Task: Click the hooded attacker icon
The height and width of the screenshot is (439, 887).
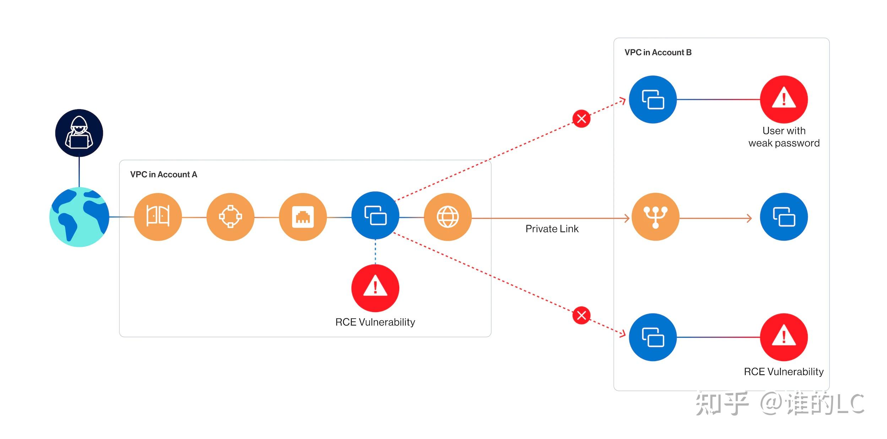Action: tap(79, 133)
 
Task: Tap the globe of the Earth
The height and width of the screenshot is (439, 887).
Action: tap(79, 217)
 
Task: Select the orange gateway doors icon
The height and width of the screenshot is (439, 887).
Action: tap(158, 217)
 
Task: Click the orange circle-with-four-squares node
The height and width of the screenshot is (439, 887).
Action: tap(231, 217)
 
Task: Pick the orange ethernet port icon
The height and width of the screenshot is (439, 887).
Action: tap(303, 217)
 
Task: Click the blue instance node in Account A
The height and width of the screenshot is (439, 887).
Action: tap(375, 216)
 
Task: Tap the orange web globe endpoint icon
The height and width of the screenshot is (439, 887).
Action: tap(448, 217)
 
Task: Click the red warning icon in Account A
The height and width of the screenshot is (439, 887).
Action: tap(375, 288)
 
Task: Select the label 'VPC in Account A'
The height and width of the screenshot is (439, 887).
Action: tap(164, 175)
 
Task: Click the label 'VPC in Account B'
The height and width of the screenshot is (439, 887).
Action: tap(658, 53)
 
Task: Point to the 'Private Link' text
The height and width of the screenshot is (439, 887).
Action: tap(552, 229)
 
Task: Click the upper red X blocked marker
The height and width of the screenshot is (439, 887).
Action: tap(582, 119)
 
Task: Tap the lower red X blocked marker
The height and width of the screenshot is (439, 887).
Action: tap(582, 315)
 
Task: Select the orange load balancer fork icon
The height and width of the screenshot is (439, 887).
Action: tap(656, 217)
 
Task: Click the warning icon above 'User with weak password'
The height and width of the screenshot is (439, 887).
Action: tap(784, 100)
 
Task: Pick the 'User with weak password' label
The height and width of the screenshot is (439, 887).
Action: tap(784, 137)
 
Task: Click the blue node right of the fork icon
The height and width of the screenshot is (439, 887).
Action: tap(784, 217)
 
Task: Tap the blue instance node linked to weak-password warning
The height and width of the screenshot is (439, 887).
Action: tap(653, 100)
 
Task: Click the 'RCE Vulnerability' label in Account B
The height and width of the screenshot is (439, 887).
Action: tap(784, 372)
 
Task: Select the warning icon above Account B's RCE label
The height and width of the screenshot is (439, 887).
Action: tap(784, 337)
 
